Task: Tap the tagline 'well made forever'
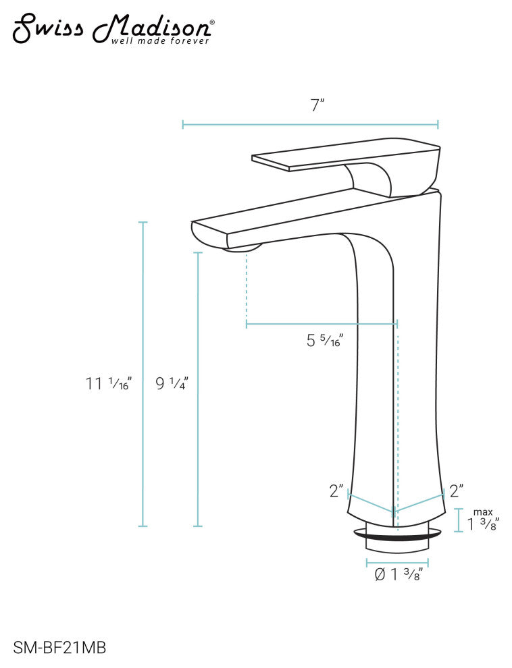click(160, 40)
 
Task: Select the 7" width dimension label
click(317, 105)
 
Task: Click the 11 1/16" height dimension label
click(109, 384)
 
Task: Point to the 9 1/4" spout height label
click(171, 384)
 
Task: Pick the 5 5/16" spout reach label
click(325, 341)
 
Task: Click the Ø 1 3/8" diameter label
click(398, 575)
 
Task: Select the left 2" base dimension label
click(336, 491)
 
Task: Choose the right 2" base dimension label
click(456, 491)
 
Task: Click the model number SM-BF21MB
click(59, 648)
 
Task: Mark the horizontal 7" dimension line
click(311, 125)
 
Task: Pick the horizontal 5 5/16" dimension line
click(321, 325)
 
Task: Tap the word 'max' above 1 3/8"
click(483, 511)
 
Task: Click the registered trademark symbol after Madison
click(213, 22)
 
